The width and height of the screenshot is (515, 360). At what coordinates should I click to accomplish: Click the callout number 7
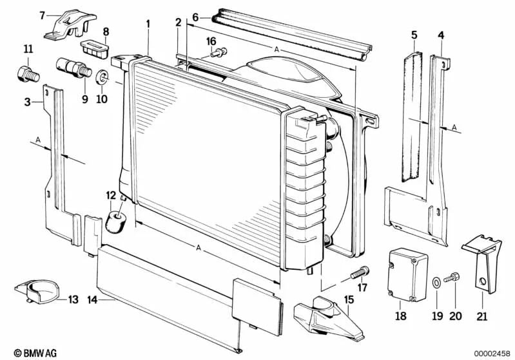point(42,15)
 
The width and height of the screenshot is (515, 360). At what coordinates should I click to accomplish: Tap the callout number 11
point(28,50)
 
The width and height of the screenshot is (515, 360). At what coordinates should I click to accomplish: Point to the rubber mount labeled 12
point(117,217)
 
